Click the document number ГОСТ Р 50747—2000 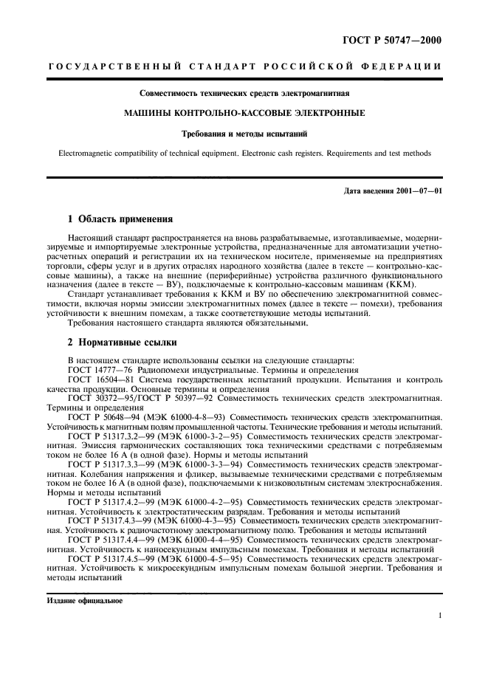click(x=396, y=40)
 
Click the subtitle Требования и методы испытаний click(x=244, y=134)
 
